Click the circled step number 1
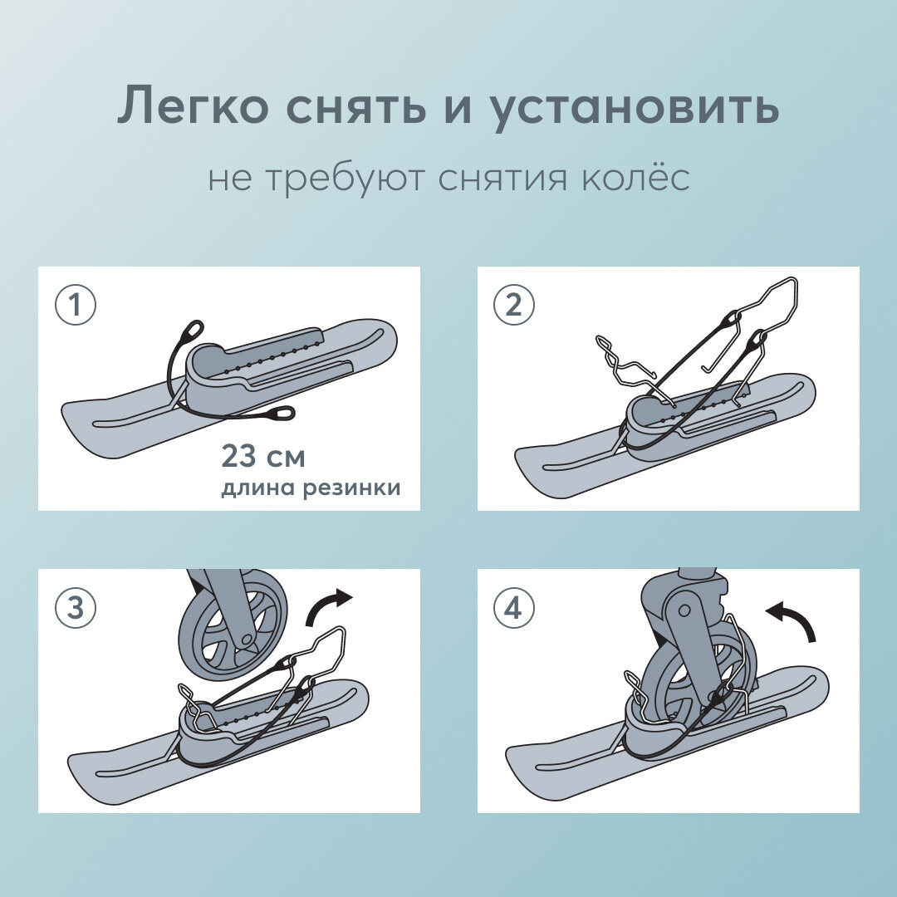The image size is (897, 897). click(76, 306)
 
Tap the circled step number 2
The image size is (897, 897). click(514, 306)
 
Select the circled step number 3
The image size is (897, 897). click(76, 608)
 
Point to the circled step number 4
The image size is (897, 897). click(514, 608)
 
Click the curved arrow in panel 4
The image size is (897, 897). click(792, 619)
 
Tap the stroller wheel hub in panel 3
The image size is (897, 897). click(245, 639)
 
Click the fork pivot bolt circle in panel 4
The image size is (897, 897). click(684, 610)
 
